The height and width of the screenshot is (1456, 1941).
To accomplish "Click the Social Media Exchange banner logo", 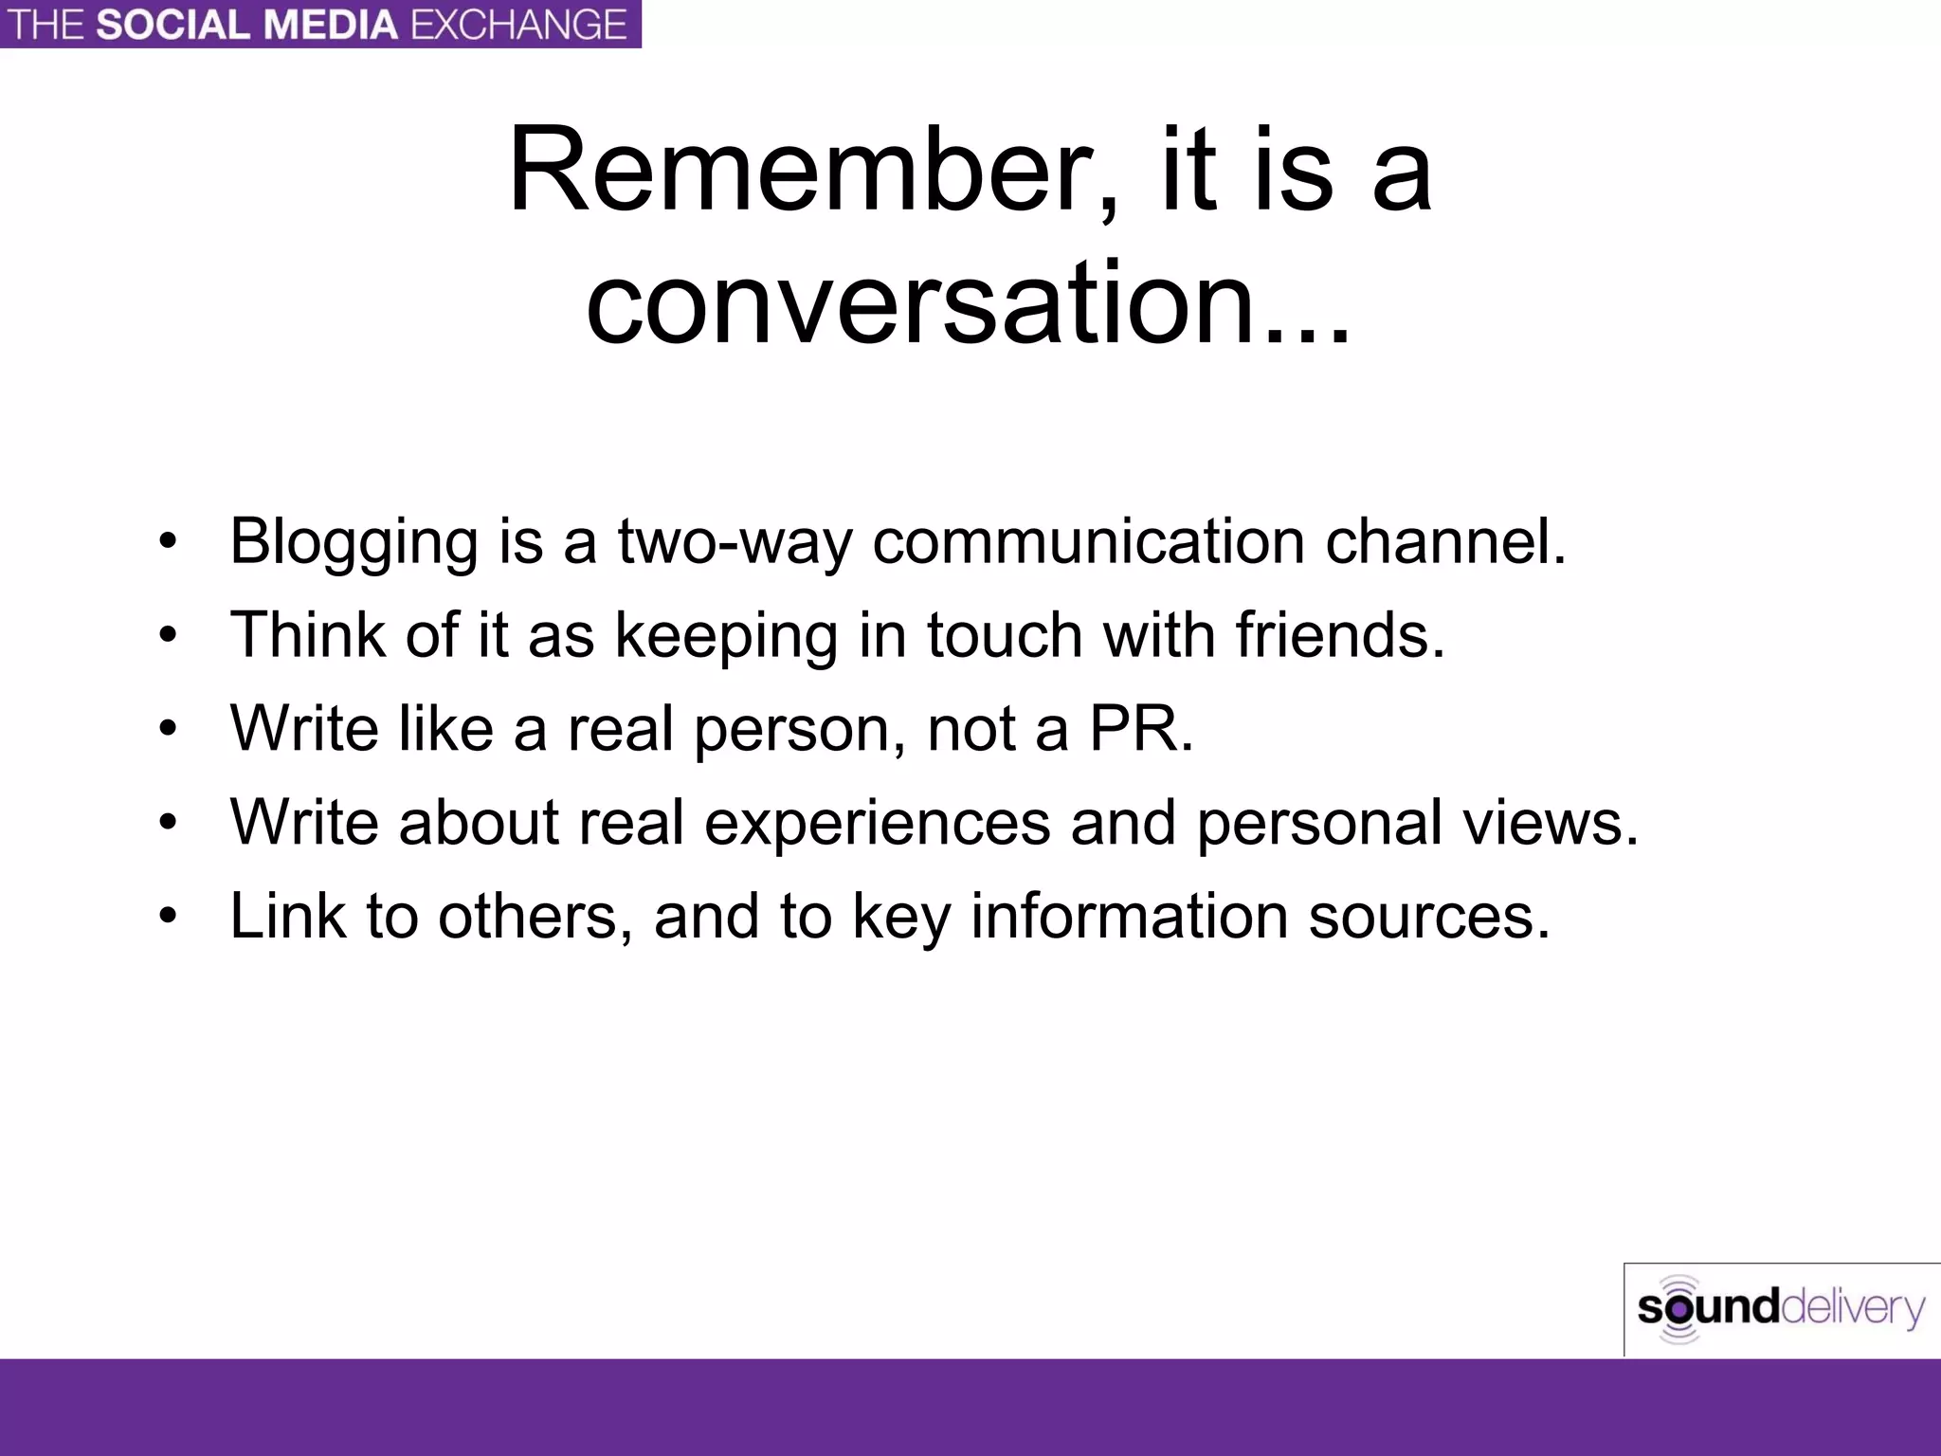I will click(x=320, y=24).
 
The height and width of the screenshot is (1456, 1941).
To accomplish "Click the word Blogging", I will click(x=354, y=542).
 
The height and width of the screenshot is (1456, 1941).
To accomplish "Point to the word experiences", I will click(x=877, y=822).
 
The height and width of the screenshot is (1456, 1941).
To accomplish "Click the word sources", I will click(x=1428, y=916).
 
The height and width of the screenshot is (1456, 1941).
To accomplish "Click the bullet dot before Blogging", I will click(x=169, y=543).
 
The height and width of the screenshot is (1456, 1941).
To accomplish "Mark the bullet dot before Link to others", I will click(x=169, y=916).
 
